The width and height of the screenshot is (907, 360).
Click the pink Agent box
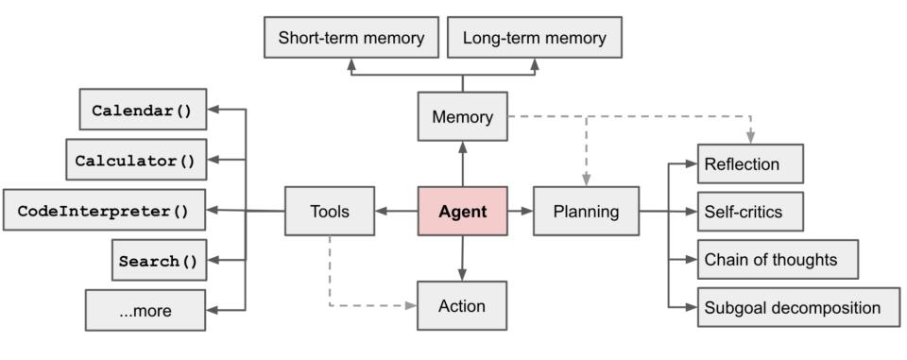462,212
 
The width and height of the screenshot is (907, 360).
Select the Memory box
462,117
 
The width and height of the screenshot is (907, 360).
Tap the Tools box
329,212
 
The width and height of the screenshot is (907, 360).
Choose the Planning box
586,212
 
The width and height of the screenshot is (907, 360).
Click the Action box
462,305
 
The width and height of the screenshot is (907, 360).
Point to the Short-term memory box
351,39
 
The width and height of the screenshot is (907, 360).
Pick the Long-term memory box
534,39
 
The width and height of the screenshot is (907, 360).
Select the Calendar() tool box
142,110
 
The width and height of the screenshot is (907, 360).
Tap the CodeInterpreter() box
103,211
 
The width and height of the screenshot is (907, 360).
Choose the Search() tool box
159,261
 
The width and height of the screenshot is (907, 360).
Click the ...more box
145,310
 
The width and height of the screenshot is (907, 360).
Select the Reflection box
750,163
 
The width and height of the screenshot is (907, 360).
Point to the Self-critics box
750,211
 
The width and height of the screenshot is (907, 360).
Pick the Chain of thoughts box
778,259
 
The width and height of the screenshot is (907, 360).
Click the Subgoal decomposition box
798,307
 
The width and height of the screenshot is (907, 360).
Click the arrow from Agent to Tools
396,212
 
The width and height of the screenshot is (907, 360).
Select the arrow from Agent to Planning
521,212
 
